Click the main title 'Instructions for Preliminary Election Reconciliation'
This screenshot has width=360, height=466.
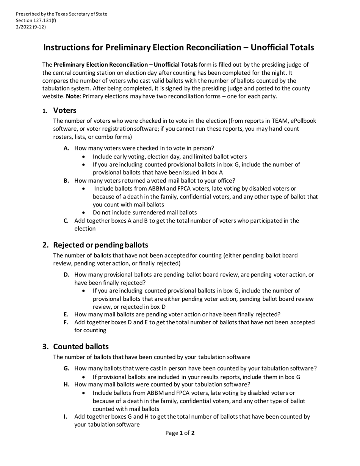(178, 47)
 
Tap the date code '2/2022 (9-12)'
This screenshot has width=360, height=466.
(31, 27)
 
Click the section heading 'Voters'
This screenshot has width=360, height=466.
(65, 110)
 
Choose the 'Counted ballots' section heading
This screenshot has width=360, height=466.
(81, 346)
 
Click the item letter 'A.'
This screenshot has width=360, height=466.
(66, 148)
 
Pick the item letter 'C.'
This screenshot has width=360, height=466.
(66, 220)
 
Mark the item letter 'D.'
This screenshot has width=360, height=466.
(67, 274)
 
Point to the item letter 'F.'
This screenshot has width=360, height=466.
(66, 322)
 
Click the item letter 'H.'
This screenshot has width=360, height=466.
(67, 384)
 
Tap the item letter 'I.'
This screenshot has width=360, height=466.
(66, 416)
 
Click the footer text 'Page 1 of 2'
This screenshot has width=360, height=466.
(180, 433)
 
